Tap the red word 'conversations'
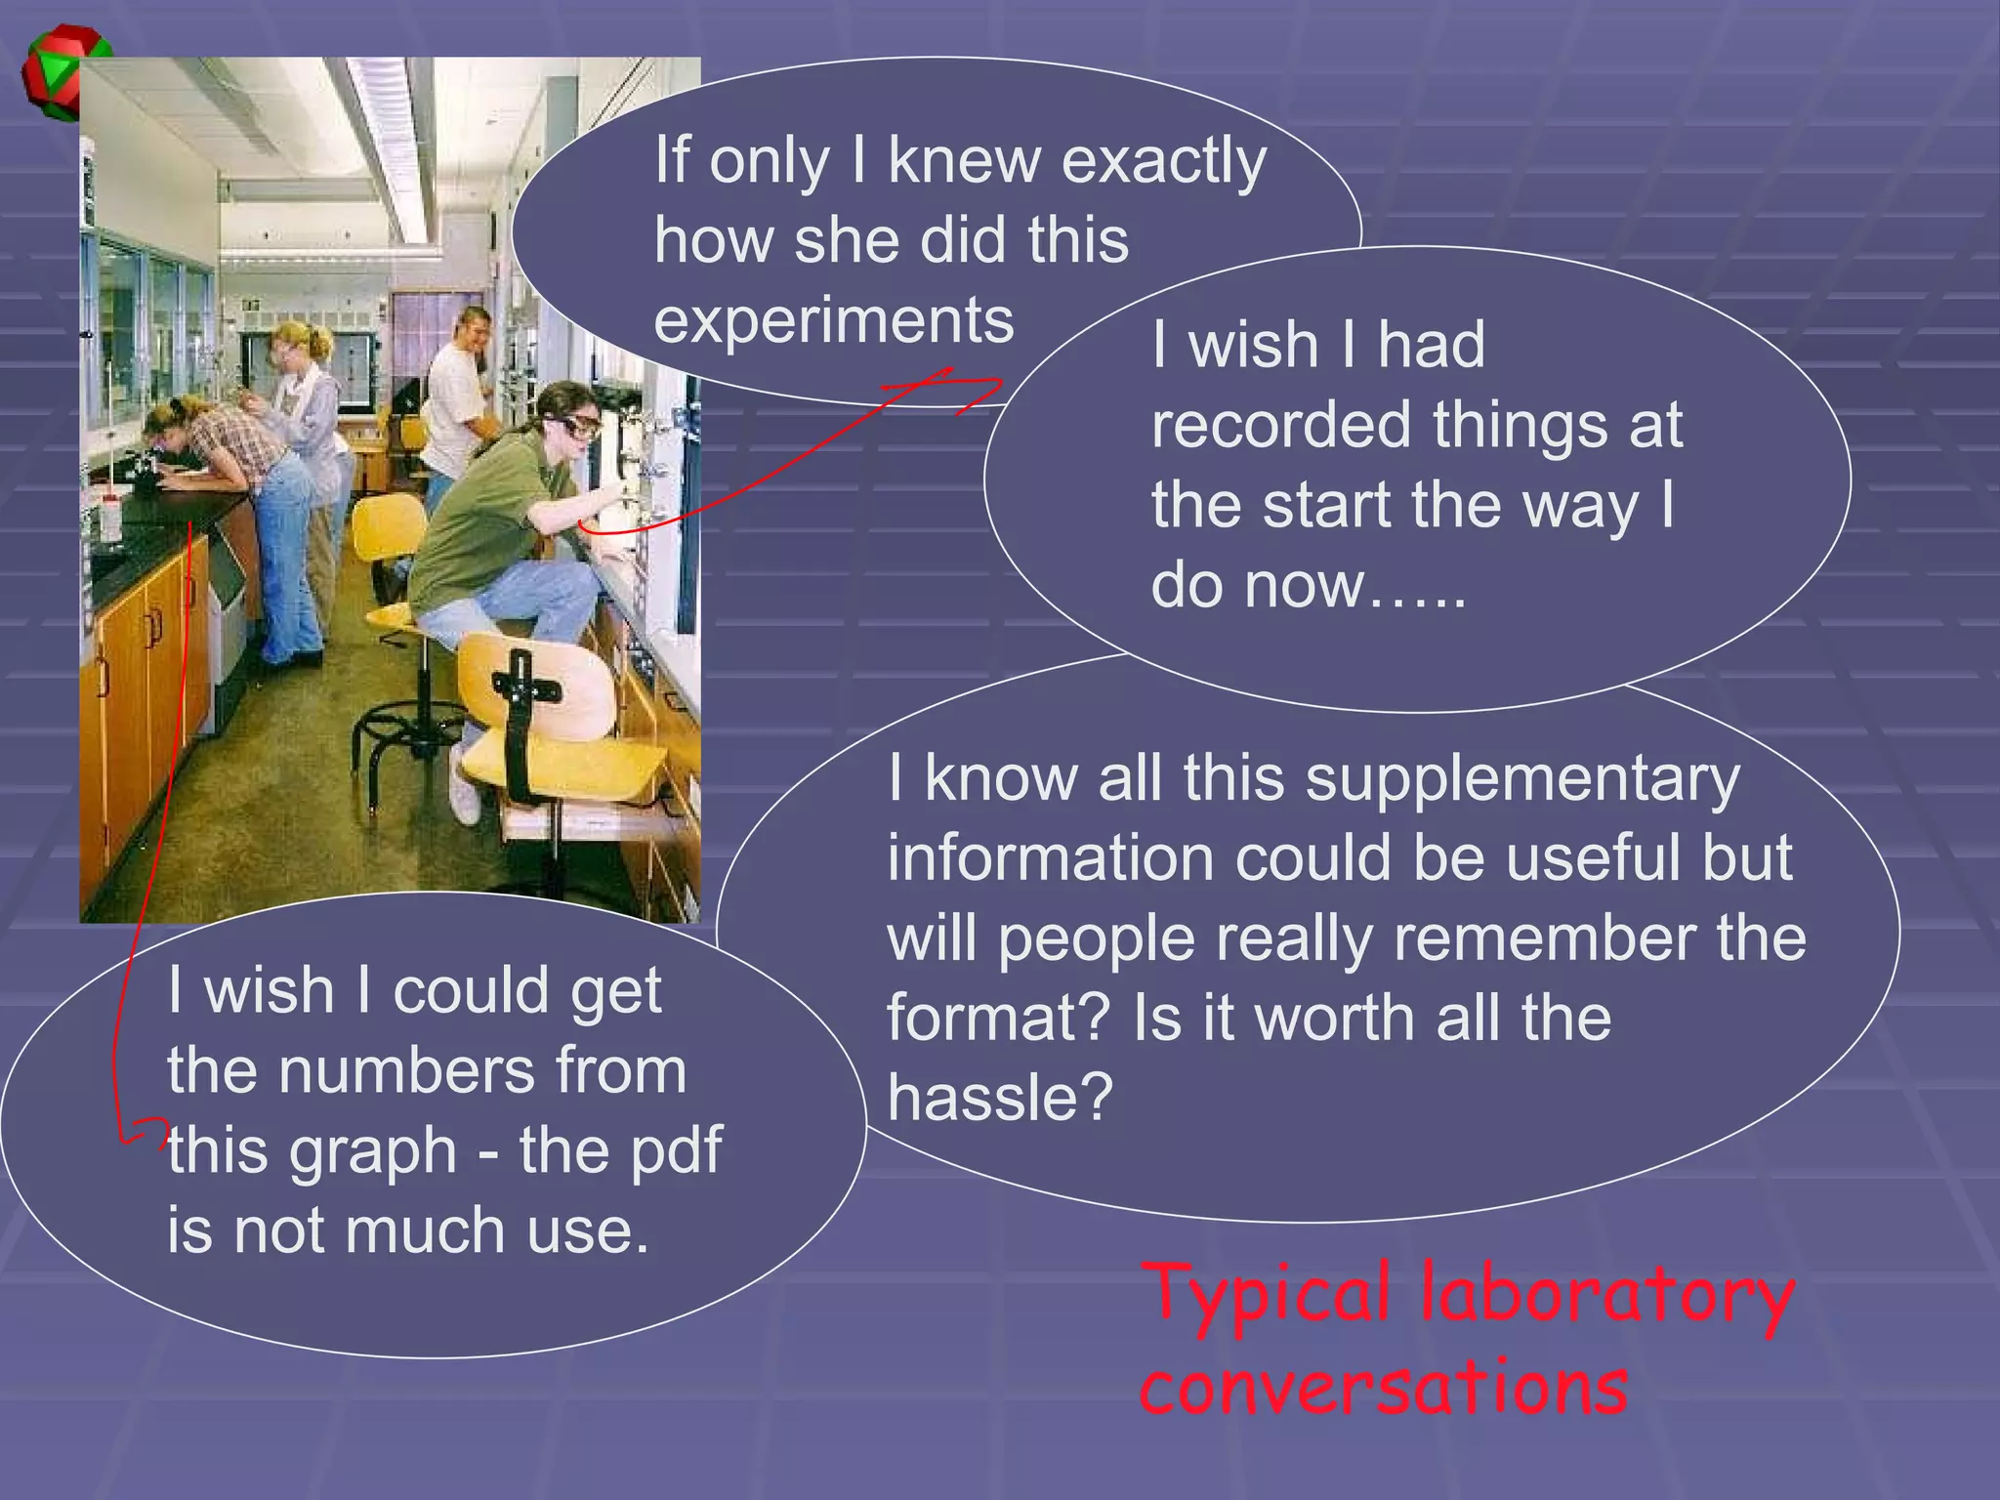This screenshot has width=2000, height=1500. (x=1384, y=1387)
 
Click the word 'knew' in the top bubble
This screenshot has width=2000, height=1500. (x=964, y=161)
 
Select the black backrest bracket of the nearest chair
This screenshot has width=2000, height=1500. (x=522, y=718)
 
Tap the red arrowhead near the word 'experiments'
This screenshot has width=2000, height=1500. (x=937, y=379)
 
